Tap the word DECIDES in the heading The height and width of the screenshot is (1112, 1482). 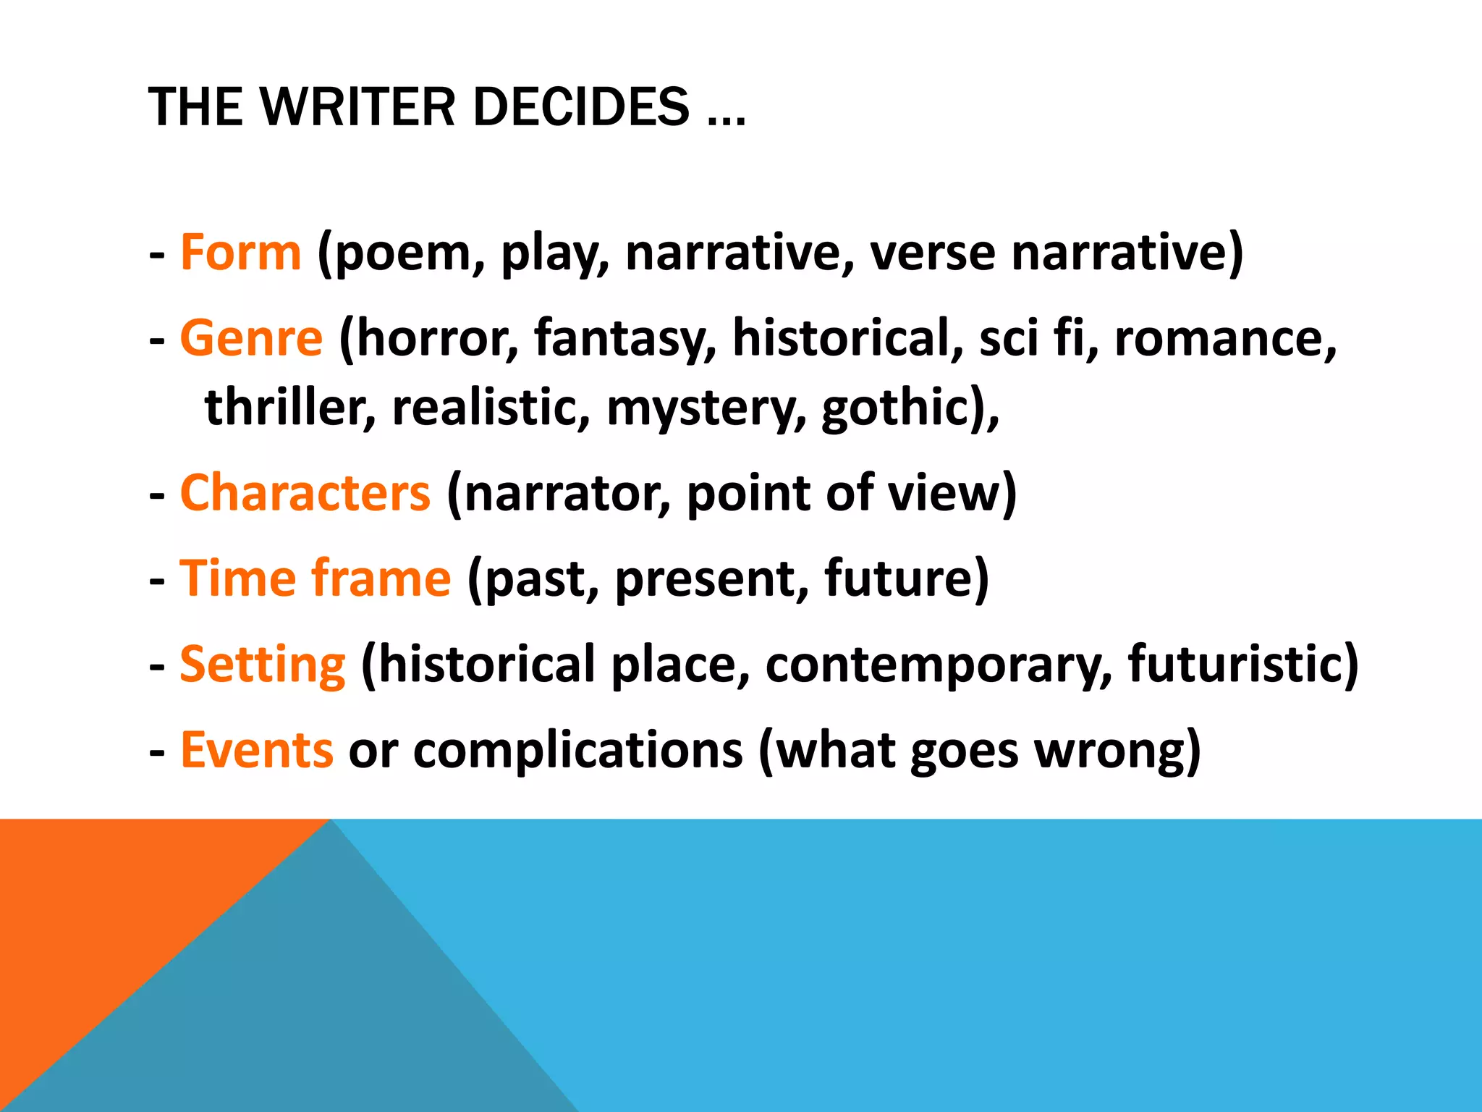(x=580, y=107)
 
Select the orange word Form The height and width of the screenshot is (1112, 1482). (x=240, y=253)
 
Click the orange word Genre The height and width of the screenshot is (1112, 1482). (x=251, y=338)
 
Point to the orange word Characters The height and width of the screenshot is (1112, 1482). (x=305, y=493)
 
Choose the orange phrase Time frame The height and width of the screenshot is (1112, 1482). (x=315, y=578)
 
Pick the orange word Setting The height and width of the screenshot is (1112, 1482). (x=262, y=665)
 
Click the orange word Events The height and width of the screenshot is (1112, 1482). (x=256, y=750)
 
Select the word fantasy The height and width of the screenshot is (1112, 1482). (x=624, y=340)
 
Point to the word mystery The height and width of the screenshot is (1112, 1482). (x=705, y=408)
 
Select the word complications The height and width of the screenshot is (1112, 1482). (x=577, y=751)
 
